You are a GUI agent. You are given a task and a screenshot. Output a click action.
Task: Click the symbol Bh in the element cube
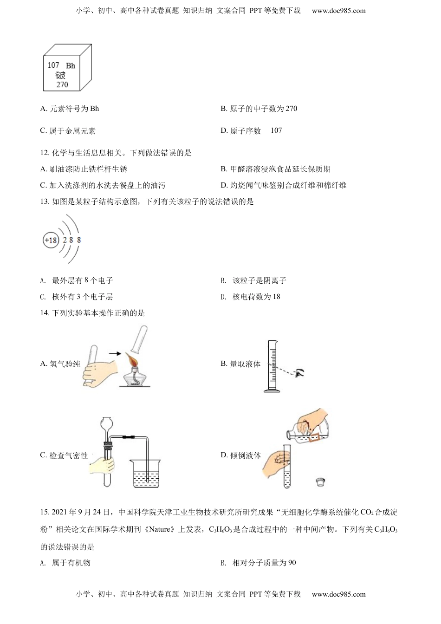[x=71, y=66]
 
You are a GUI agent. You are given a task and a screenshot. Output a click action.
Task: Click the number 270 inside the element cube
[x=62, y=84]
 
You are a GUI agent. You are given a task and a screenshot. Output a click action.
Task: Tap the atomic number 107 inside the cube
[x=53, y=65]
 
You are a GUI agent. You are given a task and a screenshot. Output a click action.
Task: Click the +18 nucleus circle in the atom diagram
[x=51, y=240]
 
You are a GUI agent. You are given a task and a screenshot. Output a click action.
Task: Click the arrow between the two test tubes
[x=114, y=354]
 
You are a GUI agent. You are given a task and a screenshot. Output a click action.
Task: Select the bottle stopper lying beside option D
[x=319, y=482]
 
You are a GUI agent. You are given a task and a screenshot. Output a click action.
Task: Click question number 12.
[x=45, y=153]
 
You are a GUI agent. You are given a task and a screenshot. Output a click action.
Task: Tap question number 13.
[x=45, y=201]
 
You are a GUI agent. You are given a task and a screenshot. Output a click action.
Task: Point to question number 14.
[x=45, y=313]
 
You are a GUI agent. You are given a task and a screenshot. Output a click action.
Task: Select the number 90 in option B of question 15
[x=292, y=563]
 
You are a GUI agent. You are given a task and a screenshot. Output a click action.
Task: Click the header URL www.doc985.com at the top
[x=338, y=11]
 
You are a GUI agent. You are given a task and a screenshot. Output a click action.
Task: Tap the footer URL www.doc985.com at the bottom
[x=338, y=594]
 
